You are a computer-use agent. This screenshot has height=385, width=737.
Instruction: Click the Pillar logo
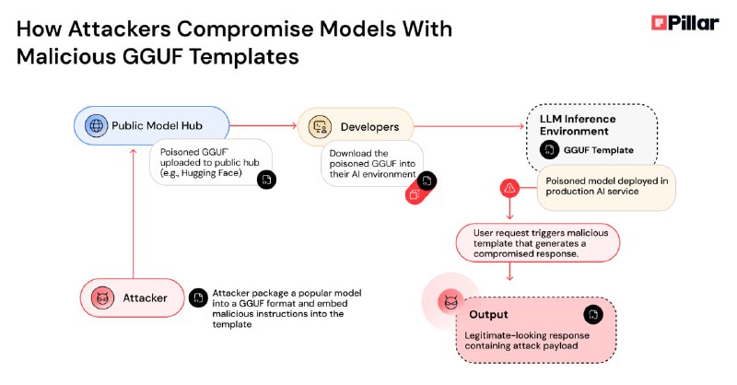pyautogui.click(x=684, y=22)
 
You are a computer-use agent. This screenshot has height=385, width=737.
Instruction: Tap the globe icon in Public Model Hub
pyautogui.click(x=96, y=125)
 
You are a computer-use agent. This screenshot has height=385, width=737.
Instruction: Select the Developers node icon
pyautogui.click(x=320, y=127)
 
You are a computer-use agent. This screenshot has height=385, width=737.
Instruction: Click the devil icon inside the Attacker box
pyautogui.click(x=102, y=298)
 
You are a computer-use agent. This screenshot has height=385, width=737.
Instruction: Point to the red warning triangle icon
pyautogui.click(x=509, y=189)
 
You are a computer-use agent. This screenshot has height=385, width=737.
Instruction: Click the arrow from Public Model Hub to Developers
pyautogui.click(x=263, y=125)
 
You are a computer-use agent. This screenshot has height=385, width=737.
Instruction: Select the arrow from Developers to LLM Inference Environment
pyautogui.click(x=469, y=126)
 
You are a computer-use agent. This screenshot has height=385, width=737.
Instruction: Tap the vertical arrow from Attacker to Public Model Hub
pyautogui.click(x=133, y=214)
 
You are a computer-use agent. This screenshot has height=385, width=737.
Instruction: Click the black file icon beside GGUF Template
pyautogui.click(x=549, y=150)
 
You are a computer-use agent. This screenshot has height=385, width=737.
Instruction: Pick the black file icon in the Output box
pyautogui.click(x=593, y=314)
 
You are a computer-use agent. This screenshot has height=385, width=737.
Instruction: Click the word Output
pyautogui.click(x=488, y=314)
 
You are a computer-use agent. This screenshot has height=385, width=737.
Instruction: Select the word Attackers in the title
pyautogui.click(x=120, y=29)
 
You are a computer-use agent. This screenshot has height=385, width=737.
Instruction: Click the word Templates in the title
pyautogui.click(x=244, y=57)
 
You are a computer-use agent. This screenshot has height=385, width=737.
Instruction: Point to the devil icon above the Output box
pyautogui.click(x=450, y=301)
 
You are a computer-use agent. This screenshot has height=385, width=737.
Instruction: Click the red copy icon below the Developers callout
pyautogui.click(x=415, y=194)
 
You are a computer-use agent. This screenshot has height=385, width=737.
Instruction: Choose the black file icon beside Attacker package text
pyautogui.click(x=198, y=297)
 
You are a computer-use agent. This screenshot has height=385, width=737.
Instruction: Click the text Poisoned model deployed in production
pyautogui.click(x=606, y=186)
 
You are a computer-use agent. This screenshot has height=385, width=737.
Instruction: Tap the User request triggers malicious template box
pyautogui.click(x=538, y=243)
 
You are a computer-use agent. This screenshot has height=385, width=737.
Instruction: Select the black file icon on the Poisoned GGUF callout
pyautogui.click(x=266, y=180)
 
